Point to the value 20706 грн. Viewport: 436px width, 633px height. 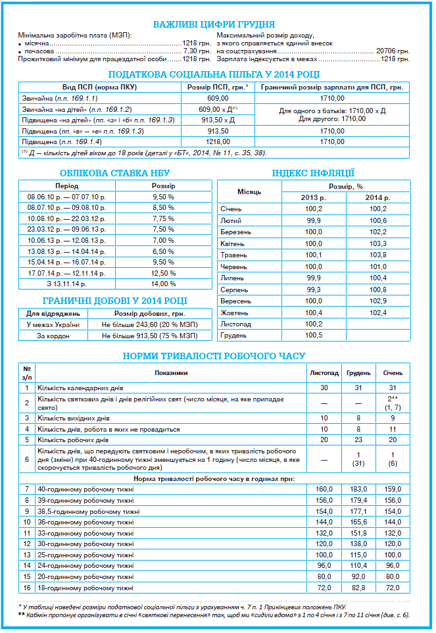(x=393, y=51)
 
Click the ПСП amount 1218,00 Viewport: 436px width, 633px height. (x=216, y=141)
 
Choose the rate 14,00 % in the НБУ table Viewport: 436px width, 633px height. (x=163, y=284)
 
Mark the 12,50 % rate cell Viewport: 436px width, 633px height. (x=163, y=273)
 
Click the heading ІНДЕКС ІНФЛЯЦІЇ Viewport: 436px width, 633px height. (x=313, y=174)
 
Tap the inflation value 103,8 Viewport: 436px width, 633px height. (x=377, y=255)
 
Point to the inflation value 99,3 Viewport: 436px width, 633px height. (x=314, y=289)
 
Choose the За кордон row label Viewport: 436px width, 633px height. (x=53, y=336)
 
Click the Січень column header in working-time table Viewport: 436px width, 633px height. (x=393, y=373)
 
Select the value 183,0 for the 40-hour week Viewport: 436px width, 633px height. (x=359, y=489)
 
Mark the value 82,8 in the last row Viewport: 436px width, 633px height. (x=359, y=588)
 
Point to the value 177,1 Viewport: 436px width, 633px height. (x=359, y=511)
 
